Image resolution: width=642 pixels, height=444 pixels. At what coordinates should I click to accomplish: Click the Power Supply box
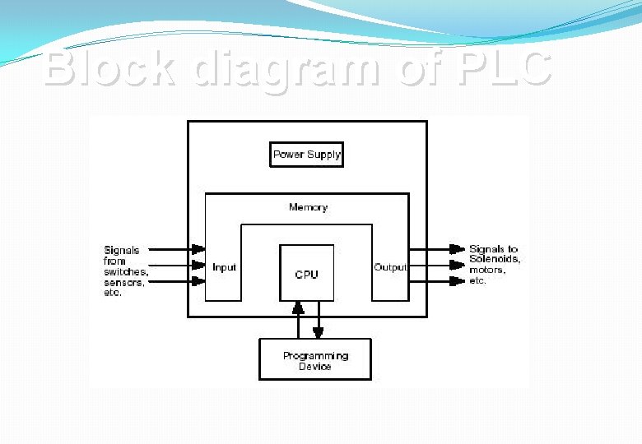(306, 155)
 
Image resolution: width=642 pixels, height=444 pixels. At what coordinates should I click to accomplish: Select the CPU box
(306, 274)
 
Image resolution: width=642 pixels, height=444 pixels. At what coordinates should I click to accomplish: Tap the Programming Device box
(315, 360)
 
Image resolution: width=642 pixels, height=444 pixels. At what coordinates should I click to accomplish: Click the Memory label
(308, 207)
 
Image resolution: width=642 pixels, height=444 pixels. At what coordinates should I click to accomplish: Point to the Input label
(224, 267)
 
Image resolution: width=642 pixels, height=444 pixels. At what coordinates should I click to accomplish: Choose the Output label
(390, 267)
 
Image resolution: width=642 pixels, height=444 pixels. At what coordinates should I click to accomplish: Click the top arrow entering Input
(177, 248)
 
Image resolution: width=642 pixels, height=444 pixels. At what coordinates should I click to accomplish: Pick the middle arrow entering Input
(177, 265)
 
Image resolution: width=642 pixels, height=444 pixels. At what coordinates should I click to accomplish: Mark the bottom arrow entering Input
(177, 281)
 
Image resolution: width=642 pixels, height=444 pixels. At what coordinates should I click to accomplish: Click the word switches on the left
(125, 271)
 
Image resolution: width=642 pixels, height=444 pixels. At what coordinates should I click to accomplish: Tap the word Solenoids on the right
(494, 260)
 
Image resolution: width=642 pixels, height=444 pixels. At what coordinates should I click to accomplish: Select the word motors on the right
(486, 270)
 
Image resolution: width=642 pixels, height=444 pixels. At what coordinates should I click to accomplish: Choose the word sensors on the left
(123, 282)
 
